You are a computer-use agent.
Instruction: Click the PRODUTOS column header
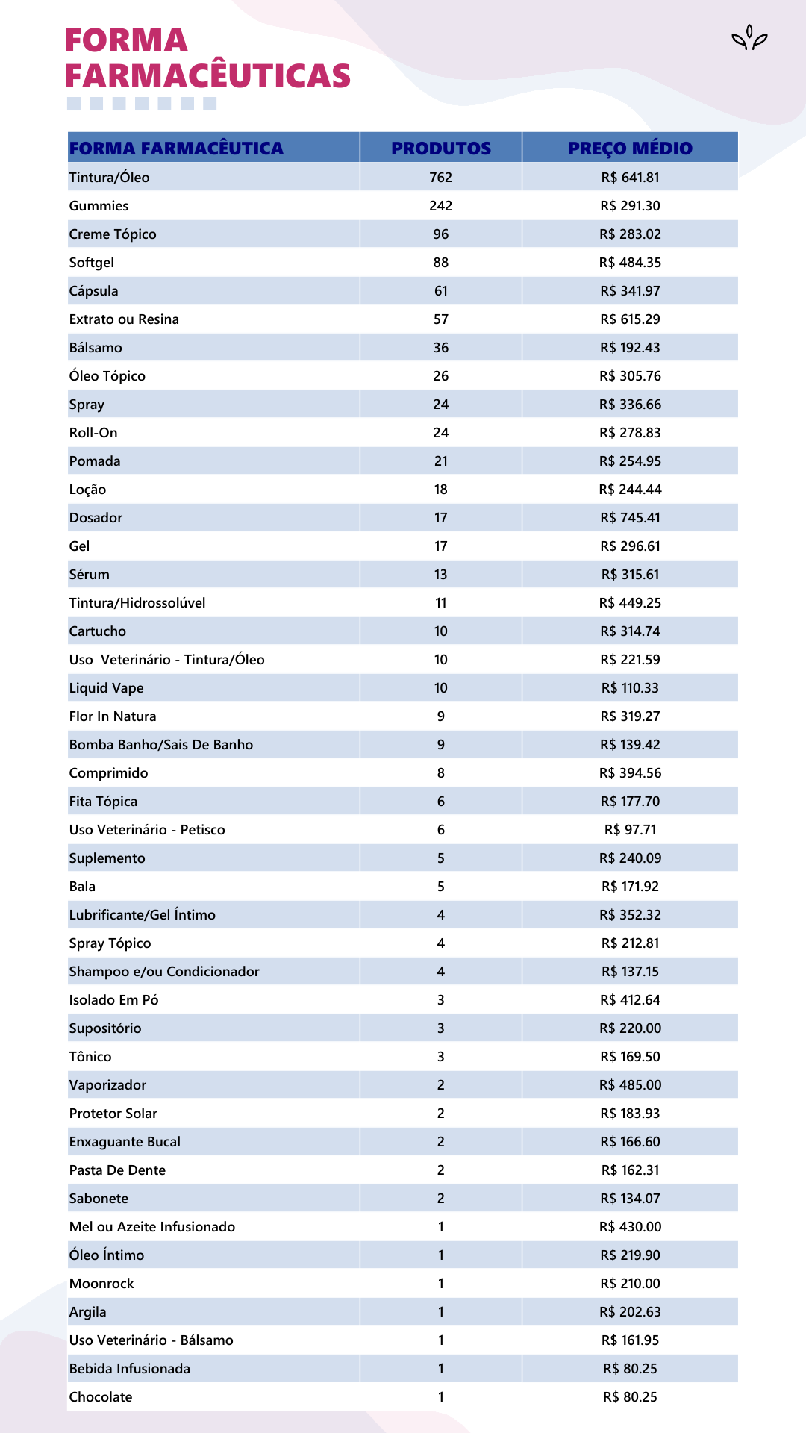tap(441, 148)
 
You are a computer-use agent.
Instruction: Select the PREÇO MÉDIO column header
tap(630, 148)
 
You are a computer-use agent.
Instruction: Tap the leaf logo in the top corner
tap(749, 38)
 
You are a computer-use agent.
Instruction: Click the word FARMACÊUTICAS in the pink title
tap(207, 76)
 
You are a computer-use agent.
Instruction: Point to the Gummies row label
tap(99, 206)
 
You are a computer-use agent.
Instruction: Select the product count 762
tap(441, 178)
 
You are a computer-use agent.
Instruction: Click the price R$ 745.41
tap(630, 518)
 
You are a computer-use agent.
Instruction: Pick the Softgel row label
tap(92, 263)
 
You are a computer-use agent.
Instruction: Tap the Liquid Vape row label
tap(106, 688)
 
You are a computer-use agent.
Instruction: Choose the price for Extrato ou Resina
tap(630, 319)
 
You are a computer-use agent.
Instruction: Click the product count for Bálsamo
tap(441, 348)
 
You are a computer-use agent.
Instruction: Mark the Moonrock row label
tap(101, 1284)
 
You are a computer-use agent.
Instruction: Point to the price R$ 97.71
tap(630, 830)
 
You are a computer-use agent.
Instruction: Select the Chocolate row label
tap(101, 1397)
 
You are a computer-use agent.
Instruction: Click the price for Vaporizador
tap(630, 1085)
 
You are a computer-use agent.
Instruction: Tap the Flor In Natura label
tap(113, 716)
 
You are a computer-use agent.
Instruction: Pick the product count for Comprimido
tap(441, 773)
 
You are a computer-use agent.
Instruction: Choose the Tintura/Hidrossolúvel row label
tap(137, 603)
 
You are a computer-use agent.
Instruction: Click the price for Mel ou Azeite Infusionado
tap(630, 1227)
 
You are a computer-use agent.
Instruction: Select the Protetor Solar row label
tap(113, 1114)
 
